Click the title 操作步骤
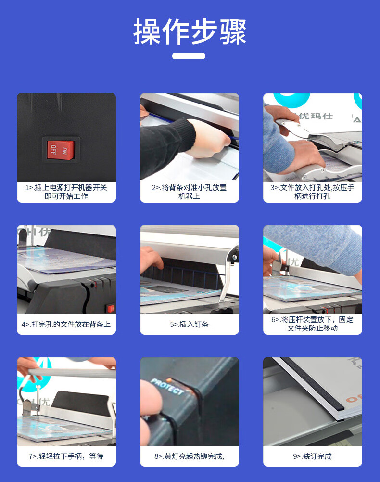pos(190,31)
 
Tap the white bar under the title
pos(189,56)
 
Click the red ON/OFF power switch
pos(61,150)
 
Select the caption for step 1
pos(66,192)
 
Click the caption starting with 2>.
pos(189,192)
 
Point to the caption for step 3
pos(312,192)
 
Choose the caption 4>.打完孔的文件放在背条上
pos(66,325)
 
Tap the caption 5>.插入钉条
pos(189,325)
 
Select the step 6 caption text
pos(312,324)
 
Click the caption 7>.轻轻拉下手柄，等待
pos(66,456)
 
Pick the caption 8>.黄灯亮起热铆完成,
pos(189,456)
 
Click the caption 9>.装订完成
pos(312,456)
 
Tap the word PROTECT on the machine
pos(167,386)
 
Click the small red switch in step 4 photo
pos(111,308)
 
